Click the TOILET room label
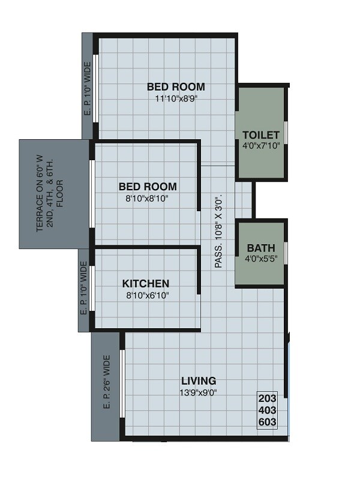[261, 134]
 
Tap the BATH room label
[261, 247]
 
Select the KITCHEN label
[146, 283]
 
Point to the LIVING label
[199, 380]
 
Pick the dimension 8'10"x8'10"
[148, 198]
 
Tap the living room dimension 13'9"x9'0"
[199, 393]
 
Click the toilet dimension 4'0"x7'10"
[261, 146]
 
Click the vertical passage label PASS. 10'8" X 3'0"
[219, 230]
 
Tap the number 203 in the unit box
[268, 398]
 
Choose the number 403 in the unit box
[268, 410]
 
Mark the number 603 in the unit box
[268, 422]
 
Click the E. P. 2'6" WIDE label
[107, 382]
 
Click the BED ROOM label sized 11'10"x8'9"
[176, 87]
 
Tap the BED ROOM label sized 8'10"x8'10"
[148, 186]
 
